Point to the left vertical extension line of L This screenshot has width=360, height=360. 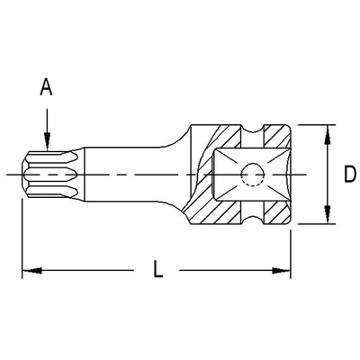[22, 234]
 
